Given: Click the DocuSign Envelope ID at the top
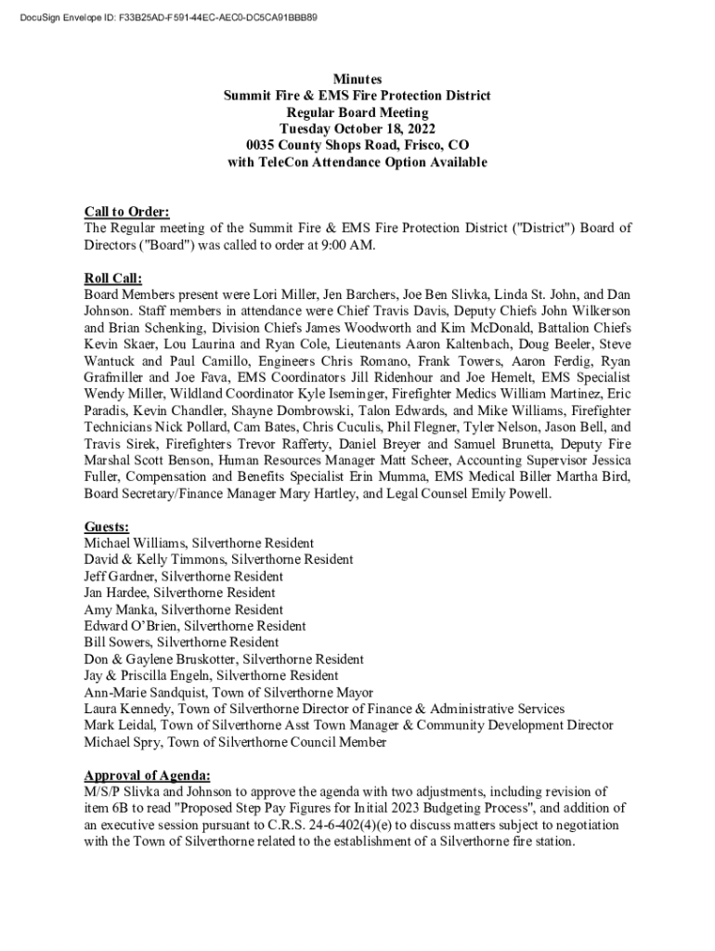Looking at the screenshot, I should click(x=167, y=18).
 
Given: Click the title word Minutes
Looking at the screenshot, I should click(x=357, y=80).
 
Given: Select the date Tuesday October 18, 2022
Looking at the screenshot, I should click(x=357, y=129).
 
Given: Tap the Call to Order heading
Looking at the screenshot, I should click(x=126, y=212).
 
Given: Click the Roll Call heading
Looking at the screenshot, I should click(x=113, y=278).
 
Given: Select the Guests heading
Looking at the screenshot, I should click(x=107, y=527).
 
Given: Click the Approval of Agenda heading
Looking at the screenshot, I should click(x=147, y=775).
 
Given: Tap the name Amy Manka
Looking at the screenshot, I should click(x=119, y=609).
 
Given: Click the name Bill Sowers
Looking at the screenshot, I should click(x=118, y=643).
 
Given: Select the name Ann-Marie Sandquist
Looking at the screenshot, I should click(x=144, y=693).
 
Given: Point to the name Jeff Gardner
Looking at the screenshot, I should click(x=118, y=576).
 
